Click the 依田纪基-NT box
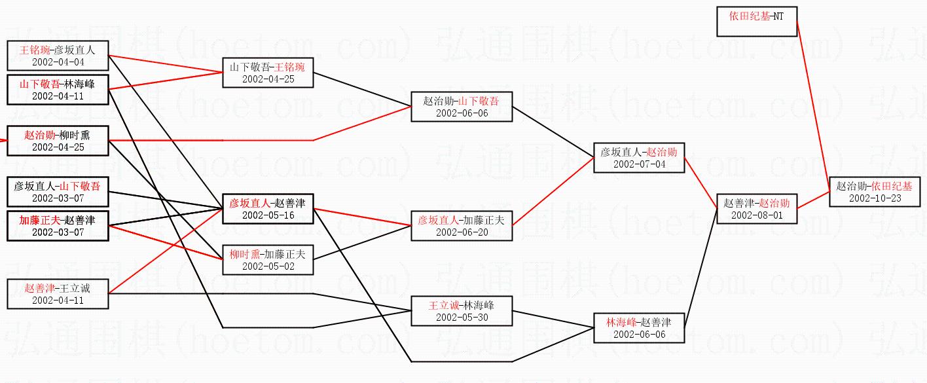pyautogui.click(x=757, y=22)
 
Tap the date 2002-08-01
pyautogui.click(x=757, y=215)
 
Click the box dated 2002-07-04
pyautogui.click(x=639, y=158)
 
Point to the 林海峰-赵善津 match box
pyautogui.click(x=639, y=328)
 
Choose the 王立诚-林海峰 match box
pyautogui.click(x=462, y=311)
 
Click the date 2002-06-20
pyautogui.click(x=462, y=232)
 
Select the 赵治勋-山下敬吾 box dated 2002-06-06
pyautogui.click(x=462, y=107)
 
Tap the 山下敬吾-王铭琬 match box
pyautogui.click(x=268, y=73)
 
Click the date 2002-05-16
pyautogui.click(x=268, y=215)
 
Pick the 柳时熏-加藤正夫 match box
pyautogui.click(x=268, y=260)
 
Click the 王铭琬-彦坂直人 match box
pyautogui.click(x=58, y=56)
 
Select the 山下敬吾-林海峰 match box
pyautogui.click(x=58, y=90)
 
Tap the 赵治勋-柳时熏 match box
pyautogui.click(x=58, y=141)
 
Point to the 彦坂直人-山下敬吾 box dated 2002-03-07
pyautogui.click(x=58, y=192)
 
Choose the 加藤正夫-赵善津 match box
pyautogui.click(x=58, y=226)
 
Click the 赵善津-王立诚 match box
pyautogui.click(x=58, y=294)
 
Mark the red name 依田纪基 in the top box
pyautogui.click(x=750, y=16)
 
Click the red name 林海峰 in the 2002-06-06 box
pyautogui.click(x=621, y=322)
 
